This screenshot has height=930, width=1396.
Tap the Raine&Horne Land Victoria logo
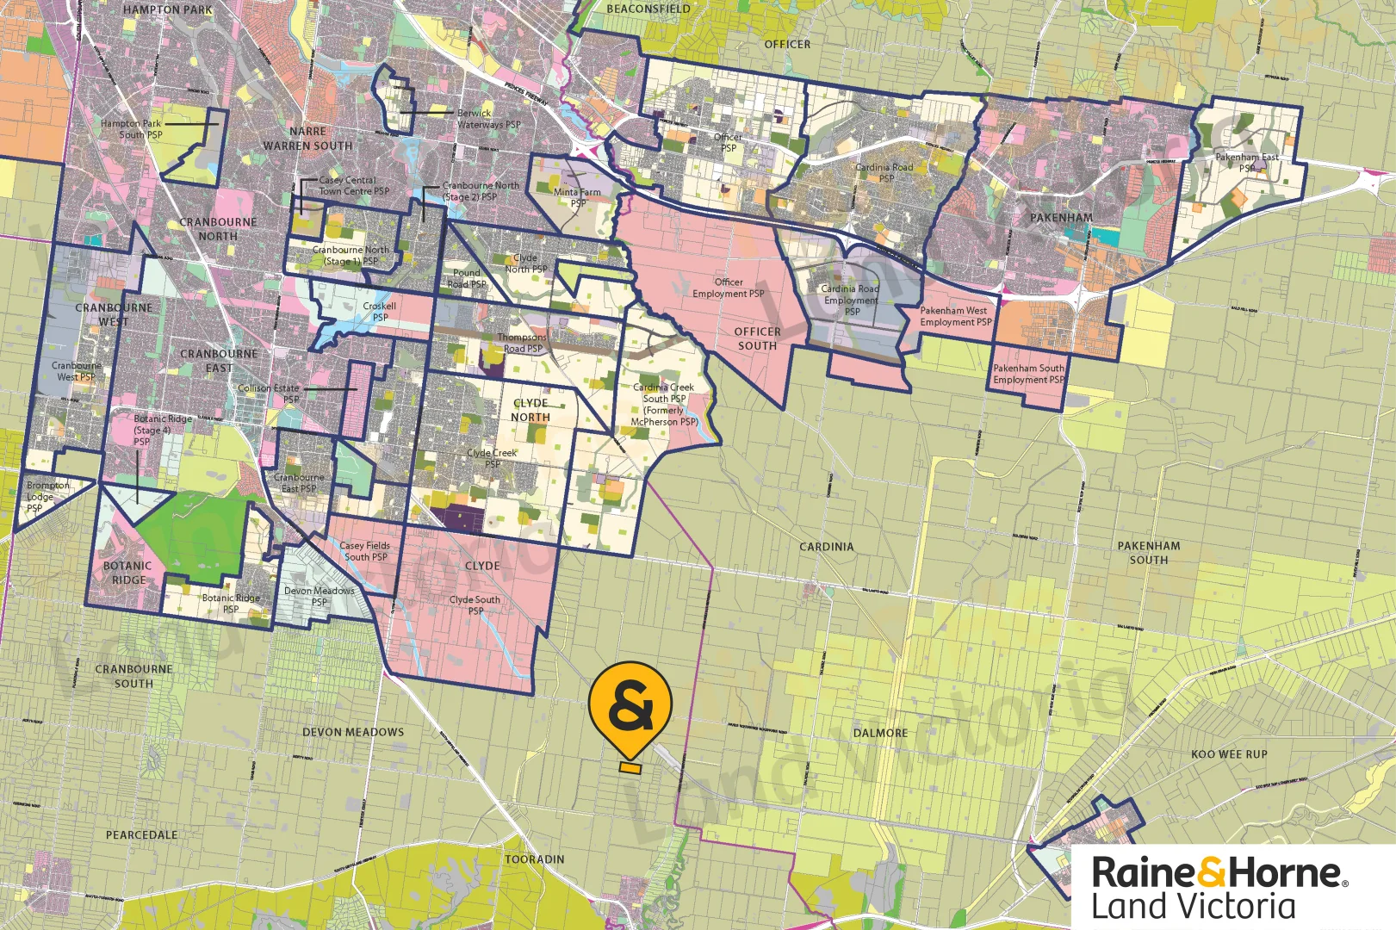1219,888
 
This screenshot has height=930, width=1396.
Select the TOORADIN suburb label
535,859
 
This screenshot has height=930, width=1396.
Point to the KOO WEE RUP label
1229,754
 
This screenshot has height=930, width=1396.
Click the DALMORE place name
880,733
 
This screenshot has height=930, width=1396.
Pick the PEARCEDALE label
142,835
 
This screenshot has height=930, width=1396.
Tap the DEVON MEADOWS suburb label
353,732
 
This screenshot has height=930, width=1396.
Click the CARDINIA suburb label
826,547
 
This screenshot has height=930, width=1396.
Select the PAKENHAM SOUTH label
1149,553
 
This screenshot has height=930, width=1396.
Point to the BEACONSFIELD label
648,9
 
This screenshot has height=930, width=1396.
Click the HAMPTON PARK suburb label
167,9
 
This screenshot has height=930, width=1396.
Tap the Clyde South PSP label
475,605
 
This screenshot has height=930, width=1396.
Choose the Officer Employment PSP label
729,288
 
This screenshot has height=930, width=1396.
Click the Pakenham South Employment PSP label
1028,374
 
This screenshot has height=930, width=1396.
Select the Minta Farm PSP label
577,198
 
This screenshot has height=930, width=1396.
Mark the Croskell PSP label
380,312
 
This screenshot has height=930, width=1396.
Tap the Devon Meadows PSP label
320,597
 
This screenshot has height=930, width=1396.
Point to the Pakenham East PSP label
1247,163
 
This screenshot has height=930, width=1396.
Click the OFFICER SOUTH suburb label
757,338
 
